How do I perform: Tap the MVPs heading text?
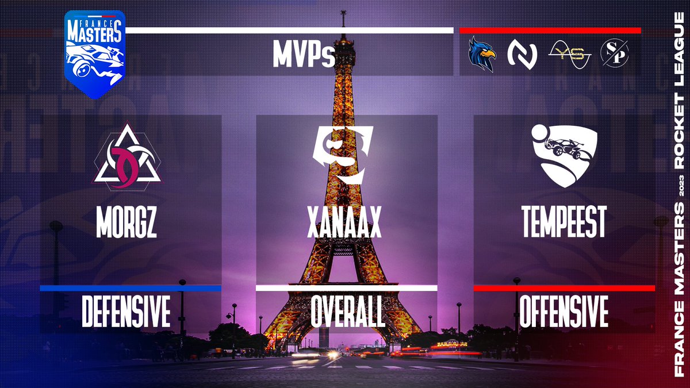click(x=304, y=57)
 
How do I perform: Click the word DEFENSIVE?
click(x=126, y=312)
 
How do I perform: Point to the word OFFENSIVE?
click(x=563, y=312)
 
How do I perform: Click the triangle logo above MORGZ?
click(x=127, y=157)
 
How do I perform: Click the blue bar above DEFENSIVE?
click(x=130, y=288)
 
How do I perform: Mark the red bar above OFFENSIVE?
click(x=564, y=288)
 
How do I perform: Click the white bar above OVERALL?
click(x=347, y=288)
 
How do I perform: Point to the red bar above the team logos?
click(x=550, y=30)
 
